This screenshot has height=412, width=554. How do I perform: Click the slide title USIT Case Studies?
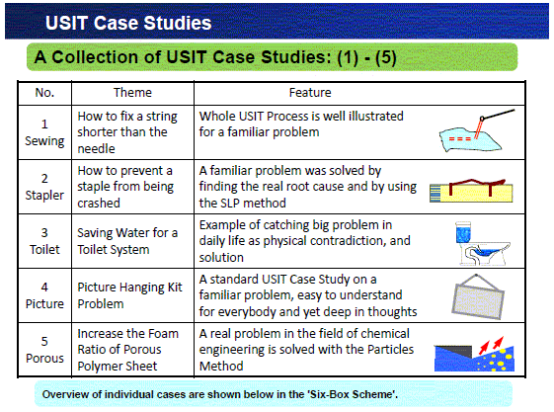pos(128,23)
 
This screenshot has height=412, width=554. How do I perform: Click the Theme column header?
pos(132,93)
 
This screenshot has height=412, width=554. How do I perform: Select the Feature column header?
pos(310,93)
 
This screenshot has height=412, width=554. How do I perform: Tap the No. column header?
pos(44,93)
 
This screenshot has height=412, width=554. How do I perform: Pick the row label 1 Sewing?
pos(44,132)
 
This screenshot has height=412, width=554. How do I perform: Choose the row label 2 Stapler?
pos(44,187)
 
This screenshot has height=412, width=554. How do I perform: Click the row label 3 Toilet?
pos(44,241)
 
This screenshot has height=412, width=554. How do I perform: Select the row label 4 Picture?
pos(44,295)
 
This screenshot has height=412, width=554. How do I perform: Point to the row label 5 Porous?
pos(44,350)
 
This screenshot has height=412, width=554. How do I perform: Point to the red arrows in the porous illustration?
pos(491,345)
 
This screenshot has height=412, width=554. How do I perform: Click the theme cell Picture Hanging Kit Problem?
pos(129,295)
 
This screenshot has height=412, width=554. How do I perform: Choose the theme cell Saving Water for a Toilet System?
pos(127,241)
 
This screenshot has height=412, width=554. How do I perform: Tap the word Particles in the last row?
pos(390,350)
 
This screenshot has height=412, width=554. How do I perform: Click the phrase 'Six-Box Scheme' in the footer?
pos(354,394)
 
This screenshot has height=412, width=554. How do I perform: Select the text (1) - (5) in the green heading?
pos(366,57)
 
